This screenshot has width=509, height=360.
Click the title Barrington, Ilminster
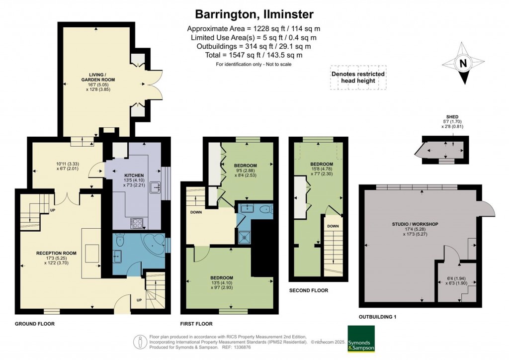tap(254, 14)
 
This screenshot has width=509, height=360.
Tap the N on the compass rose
tap(463, 63)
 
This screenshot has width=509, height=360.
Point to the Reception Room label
tap(57, 253)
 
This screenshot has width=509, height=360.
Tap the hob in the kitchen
tap(137, 223)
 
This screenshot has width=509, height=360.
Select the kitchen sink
tap(155, 187)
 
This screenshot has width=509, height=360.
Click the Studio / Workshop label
tap(415, 224)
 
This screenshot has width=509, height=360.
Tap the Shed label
tap(452, 117)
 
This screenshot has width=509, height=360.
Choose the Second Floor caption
tap(309, 290)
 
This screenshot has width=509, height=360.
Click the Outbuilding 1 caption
tap(378, 317)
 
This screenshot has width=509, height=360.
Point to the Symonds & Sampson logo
tap(361, 339)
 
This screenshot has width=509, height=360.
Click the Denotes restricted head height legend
tap(358, 77)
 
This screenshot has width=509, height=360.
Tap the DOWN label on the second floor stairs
tap(333, 226)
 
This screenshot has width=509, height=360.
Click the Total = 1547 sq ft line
tap(254, 55)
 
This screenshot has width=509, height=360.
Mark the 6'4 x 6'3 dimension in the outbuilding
tap(457, 280)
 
